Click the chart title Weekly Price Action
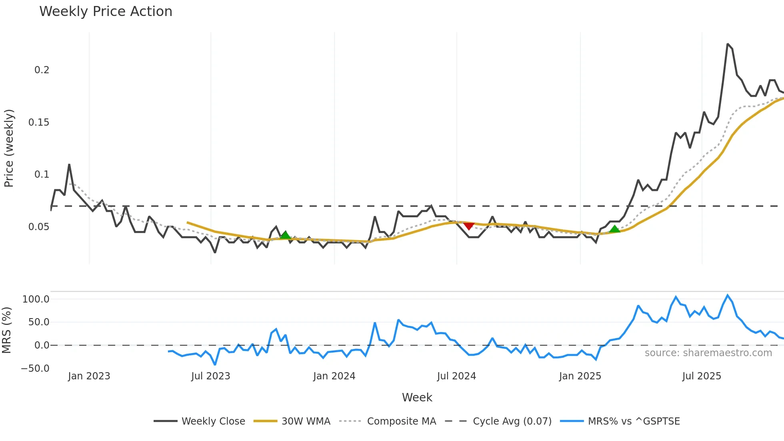coord(106,12)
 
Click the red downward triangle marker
coord(468,226)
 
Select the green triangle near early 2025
coord(614,229)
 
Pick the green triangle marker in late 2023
coord(285,235)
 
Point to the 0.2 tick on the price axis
coord(42,70)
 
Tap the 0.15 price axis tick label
coord(39,122)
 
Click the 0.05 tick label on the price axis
coord(39,227)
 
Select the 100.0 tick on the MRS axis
coord(36,299)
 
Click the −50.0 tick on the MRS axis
coord(35,369)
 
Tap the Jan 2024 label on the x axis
coord(334,376)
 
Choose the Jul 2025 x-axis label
coord(702,376)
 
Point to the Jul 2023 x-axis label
coord(210,376)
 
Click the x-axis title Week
coord(417,397)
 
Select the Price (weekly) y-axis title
coord(9,148)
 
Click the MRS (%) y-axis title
coord(6,330)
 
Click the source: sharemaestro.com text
coord(708,353)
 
